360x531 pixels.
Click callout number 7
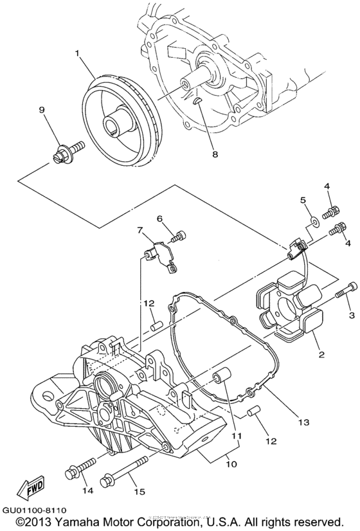pos(139,230)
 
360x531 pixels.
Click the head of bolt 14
pos(72,474)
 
